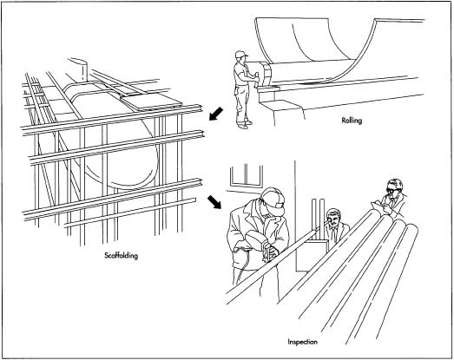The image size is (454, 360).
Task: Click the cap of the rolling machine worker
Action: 241,56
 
